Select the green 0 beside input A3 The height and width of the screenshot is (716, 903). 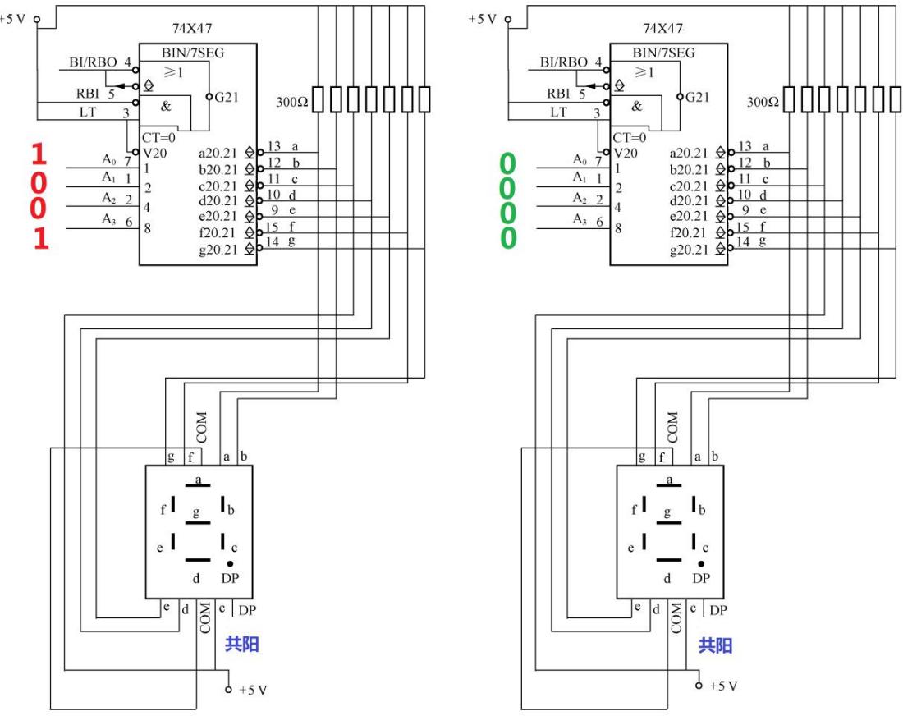click(509, 238)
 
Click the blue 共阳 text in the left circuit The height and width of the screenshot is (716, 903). click(243, 645)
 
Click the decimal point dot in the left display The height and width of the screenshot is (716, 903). click(230, 563)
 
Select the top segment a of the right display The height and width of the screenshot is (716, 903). click(669, 484)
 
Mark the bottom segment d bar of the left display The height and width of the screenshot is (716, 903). click(198, 559)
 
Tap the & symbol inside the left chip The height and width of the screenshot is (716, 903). click(167, 106)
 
